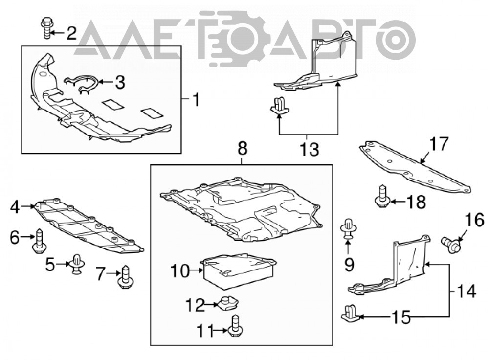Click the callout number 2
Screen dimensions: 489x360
(x=71, y=33)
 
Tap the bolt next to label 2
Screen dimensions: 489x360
(x=46, y=28)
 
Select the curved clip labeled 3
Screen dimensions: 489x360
(x=81, y=84)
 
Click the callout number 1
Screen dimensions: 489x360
(x=196, y=100)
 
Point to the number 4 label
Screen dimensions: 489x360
(x=15, y=207)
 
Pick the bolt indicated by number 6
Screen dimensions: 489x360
(x=39, y=241)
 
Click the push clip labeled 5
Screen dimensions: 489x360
(x=77, y=264)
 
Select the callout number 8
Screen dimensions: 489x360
(x=243, y=148)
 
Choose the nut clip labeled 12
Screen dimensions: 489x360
(x=228, y=304)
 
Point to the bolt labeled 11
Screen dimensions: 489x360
(x=236, y=326)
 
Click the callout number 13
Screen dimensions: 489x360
(x=310, y=149)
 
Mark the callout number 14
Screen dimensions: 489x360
(x=466, y=292)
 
